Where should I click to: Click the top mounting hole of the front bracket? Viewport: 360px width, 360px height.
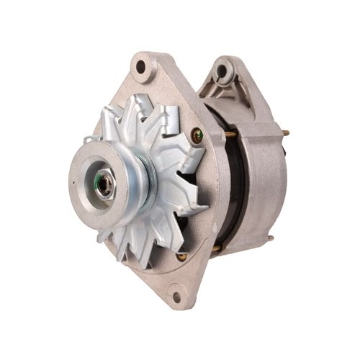141,68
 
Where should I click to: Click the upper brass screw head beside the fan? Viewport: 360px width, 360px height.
197,133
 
